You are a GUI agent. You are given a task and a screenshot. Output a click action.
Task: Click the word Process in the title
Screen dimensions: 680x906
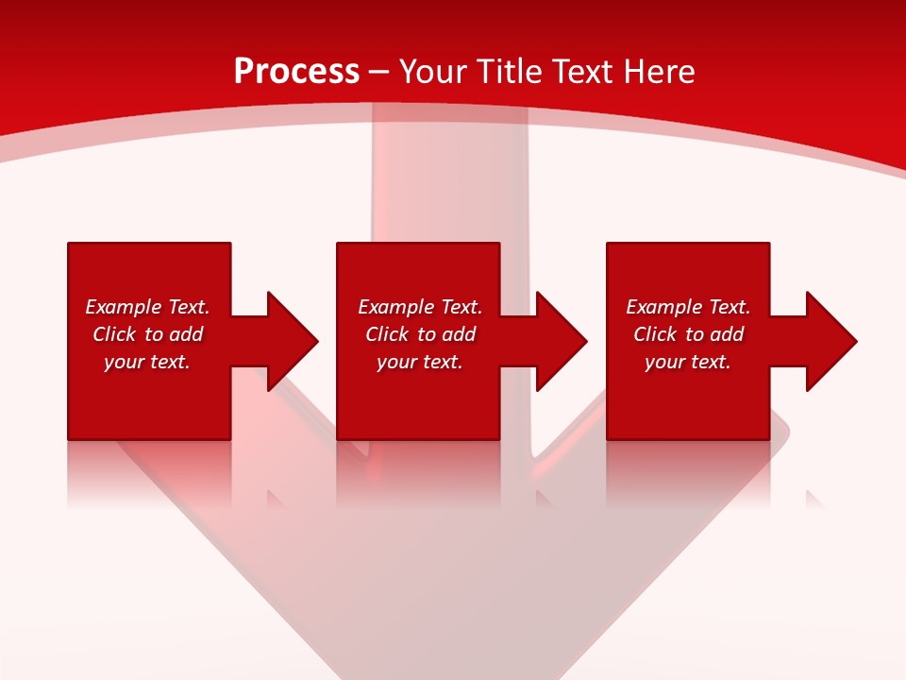[296, 72]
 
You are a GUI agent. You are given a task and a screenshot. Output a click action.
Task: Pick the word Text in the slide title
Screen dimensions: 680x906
[583, 72]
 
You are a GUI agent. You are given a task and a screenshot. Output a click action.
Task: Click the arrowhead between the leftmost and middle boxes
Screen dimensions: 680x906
[289, 341]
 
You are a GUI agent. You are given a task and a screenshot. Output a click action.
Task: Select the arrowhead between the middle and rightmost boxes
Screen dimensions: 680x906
[559, 341]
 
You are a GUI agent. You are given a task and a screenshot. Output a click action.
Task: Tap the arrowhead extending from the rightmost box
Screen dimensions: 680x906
[829, 341]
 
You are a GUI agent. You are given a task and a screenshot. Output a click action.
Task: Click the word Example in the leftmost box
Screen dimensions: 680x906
[122, 307]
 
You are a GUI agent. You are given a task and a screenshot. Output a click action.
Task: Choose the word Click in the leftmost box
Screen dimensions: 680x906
[115, 334]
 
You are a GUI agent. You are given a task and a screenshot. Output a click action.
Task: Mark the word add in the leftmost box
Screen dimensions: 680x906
[185, 334]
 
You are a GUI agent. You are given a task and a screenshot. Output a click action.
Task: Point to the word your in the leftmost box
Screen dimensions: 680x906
[124, 363]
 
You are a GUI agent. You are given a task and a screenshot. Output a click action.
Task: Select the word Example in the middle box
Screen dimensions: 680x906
[394, 307]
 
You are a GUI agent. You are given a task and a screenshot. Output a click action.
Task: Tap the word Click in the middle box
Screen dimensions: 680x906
[388, 334]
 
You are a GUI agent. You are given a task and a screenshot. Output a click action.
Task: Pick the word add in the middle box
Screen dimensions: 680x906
[458, 334]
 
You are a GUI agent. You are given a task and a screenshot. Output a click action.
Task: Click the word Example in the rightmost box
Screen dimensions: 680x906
[663, 307]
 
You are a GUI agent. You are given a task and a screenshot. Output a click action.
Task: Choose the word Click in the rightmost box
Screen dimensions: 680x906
[656, 334]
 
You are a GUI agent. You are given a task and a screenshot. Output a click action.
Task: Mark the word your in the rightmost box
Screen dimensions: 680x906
[664, 363]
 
